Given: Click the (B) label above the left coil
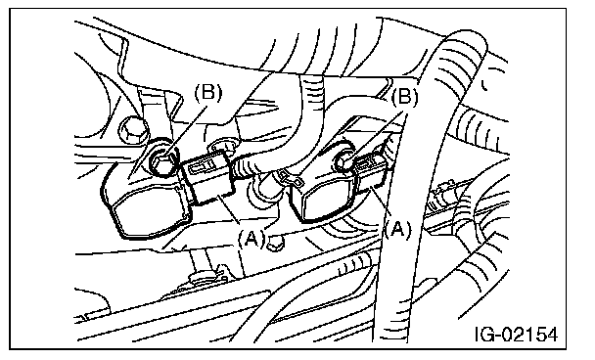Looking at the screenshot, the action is [x=207, y=93].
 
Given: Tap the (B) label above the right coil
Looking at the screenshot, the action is [x=404, y=97].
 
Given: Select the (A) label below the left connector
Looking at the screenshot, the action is [x=252, y=239].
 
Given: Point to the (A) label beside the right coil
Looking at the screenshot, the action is [x=397, y=230].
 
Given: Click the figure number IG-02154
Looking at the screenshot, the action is [x=517, y=335].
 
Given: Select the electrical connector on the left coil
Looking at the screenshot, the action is [x=207, y=177].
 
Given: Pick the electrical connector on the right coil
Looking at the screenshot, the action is [x=372, y=170].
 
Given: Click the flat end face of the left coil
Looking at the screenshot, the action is [x=151, y=217].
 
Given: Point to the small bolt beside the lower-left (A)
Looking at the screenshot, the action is [x=274, y=244].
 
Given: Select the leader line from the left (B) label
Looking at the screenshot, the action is [x=188, y=130].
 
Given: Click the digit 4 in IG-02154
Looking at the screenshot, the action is [x=551, y=335].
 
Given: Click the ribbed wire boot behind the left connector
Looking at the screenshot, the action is [x=243, y=168].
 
